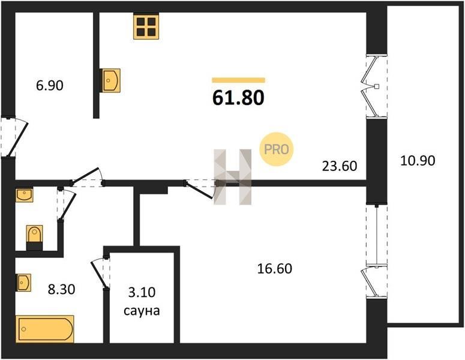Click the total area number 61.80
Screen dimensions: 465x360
tap(238, 98)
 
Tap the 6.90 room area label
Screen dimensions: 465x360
tap(50, 86)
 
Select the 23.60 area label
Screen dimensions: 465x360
tap(340, 166)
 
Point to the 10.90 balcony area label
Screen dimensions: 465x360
tap(418, 161)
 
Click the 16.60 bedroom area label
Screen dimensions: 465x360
tap(275, 269)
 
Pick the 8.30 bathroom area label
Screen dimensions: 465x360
tap(61, 289)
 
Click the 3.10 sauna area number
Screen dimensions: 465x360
tap(142, 293)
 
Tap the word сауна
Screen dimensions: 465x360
tap(142, 311)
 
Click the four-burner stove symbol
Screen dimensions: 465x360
tap(146, 26)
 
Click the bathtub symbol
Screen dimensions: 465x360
tap(45, 329)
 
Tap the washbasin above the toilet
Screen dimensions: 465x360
tap(25, 195)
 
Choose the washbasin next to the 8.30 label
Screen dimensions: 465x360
tap(23, 283)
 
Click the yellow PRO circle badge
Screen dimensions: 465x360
tap(277, 149)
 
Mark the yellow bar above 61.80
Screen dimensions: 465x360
tap(238, 80)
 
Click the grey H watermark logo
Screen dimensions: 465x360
tap(233, 177)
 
